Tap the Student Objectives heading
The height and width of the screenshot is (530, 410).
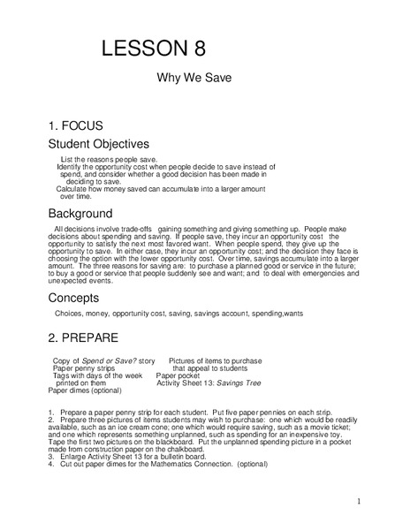(98, 143)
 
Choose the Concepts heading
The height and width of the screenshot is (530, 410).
(73, 298)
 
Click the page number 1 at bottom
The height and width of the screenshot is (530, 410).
(360, 502)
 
